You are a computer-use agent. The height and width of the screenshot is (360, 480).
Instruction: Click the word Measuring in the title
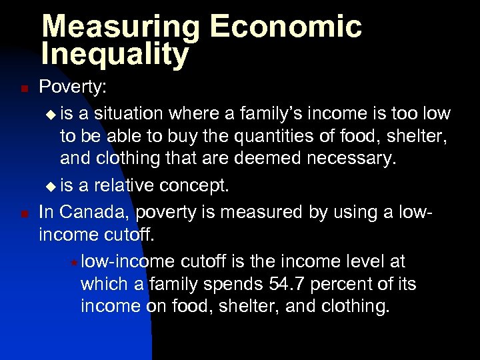(x=119, y=27)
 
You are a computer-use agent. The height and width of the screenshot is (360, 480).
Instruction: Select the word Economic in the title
(x=285, y=27)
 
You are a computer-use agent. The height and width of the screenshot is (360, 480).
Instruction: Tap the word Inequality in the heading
(x=115, y=55)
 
